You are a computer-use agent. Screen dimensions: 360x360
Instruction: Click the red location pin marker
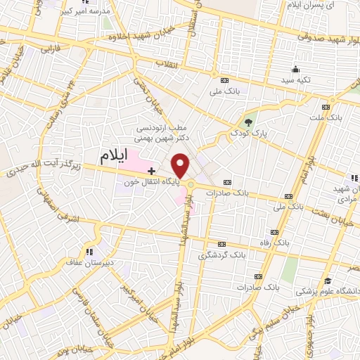tap(181, 165)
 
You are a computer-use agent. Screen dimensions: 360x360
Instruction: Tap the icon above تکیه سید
tap(296, 70)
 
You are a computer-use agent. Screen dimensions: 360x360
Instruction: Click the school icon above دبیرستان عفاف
tap(89, 251)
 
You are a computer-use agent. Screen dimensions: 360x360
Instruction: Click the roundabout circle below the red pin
tap(191, 185)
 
